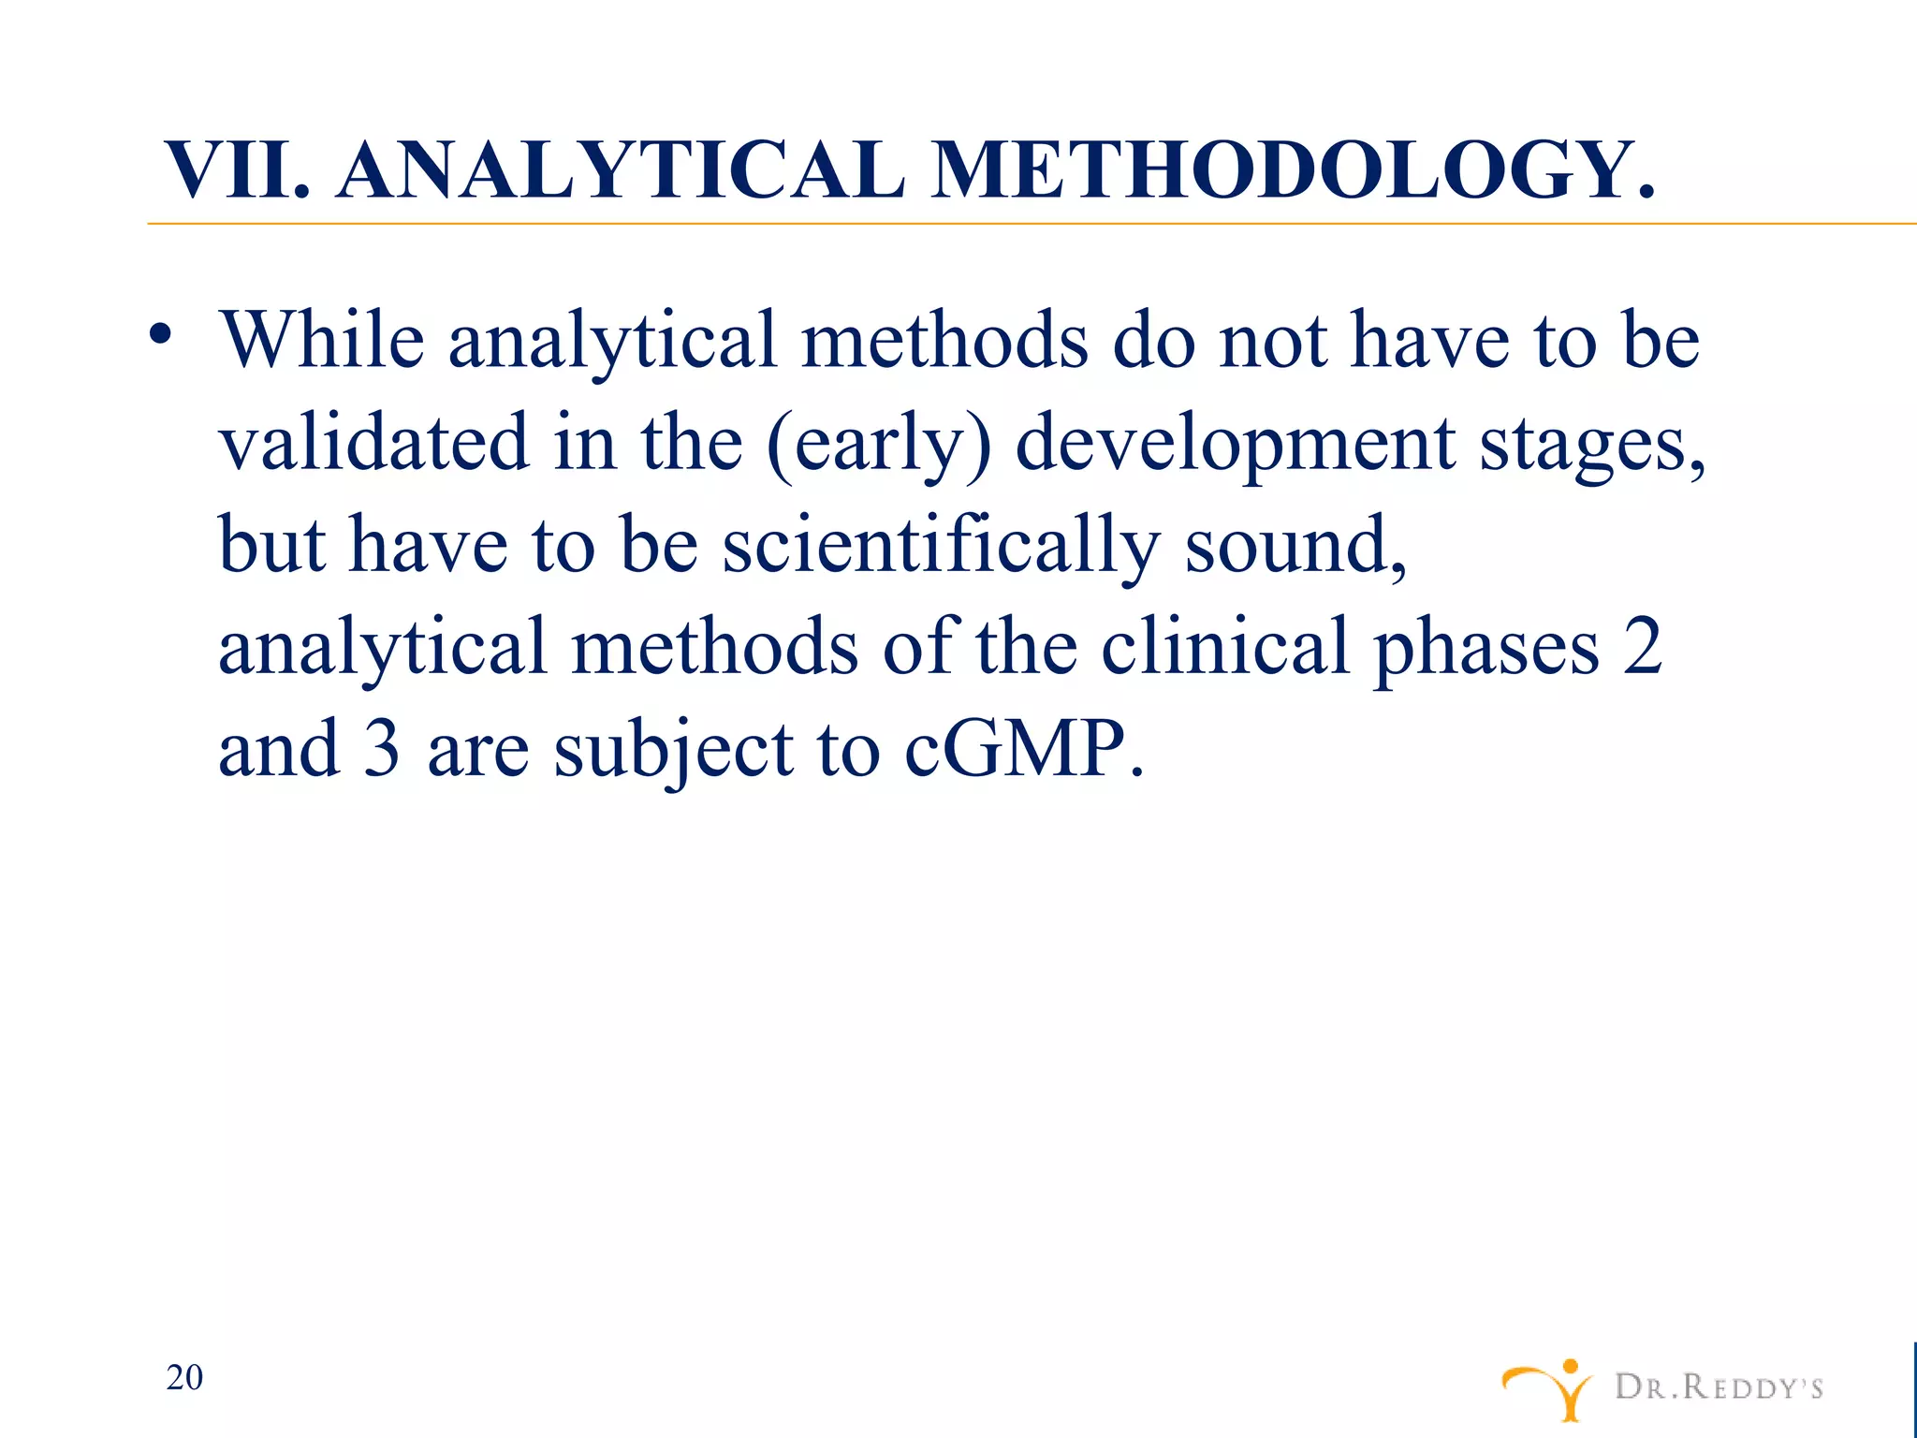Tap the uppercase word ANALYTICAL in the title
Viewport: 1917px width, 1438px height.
coord(621,171)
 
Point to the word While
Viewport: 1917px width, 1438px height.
coord(322,339)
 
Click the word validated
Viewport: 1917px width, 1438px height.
coord(374,442)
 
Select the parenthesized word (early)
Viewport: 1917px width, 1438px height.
coord(878,444)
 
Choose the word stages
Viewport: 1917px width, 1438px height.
coord(1592,446)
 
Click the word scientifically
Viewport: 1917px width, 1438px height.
coord(940,546)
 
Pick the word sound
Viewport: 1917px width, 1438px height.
coord(1295,546)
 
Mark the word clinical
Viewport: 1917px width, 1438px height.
coord(1224,647)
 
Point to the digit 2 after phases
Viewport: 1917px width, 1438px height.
coord(1643,647)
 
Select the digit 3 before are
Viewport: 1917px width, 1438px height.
coord(382,749)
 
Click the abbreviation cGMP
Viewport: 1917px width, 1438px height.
coord(1023,749)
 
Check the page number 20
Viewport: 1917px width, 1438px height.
coord(184,1377)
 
